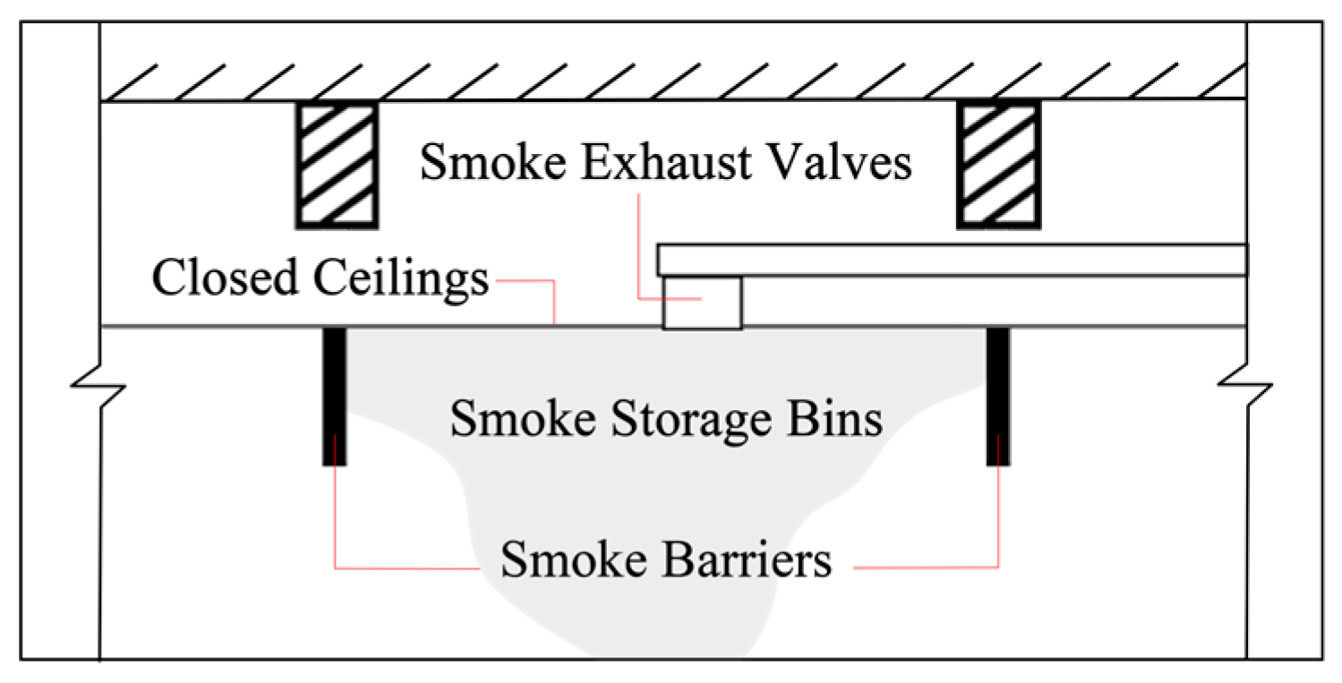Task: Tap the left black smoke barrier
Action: (x=334, y=396)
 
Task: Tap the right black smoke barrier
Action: (x=998, y=396)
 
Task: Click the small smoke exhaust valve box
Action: (x=702, y=303)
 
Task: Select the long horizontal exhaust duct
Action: (x=953, y=259)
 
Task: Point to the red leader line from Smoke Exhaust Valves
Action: (x=638, y=242)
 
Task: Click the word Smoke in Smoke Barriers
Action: (x=551, y=561)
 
